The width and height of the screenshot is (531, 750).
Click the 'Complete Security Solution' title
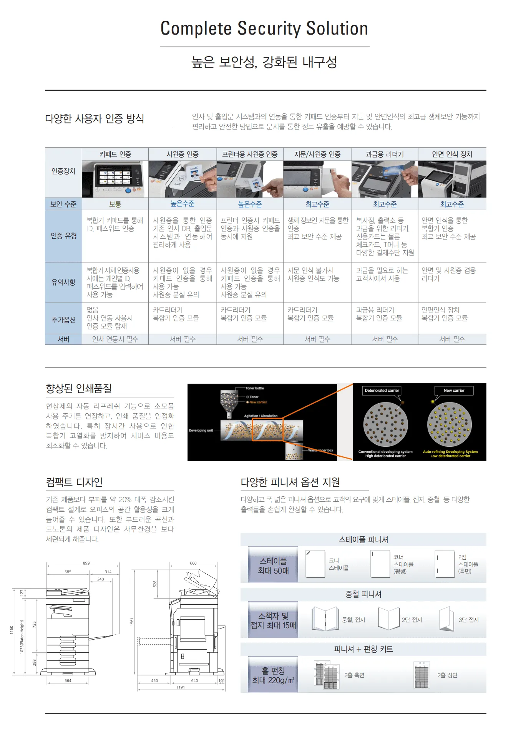click(264, 28)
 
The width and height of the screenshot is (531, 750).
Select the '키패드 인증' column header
click(115, 154)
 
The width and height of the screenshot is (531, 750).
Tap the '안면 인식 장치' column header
click(452, 154)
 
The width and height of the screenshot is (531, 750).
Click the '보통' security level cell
click(115, 204)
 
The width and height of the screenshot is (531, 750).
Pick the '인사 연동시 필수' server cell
click(115, 339)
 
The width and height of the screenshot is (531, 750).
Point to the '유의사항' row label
click(63, 282)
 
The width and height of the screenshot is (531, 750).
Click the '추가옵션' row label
click(63, 319)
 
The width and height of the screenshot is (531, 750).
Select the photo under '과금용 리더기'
click(385, 179)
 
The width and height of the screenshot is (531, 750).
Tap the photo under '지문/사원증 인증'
click(317, 179)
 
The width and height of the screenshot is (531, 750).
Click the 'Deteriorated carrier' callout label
click(382, 391)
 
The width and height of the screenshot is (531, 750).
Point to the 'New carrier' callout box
click(454, 391)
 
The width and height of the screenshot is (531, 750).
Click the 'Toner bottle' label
click(255, 388)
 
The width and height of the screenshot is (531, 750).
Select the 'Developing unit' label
click(201, 431)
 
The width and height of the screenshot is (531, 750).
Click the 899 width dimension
click(86, 563)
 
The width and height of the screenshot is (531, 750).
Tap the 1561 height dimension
click(132, 621)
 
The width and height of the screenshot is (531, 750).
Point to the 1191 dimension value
click(181, 687)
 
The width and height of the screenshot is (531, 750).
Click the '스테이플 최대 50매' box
click(273, 565)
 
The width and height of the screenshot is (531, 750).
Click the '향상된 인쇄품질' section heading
click(79, 388)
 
